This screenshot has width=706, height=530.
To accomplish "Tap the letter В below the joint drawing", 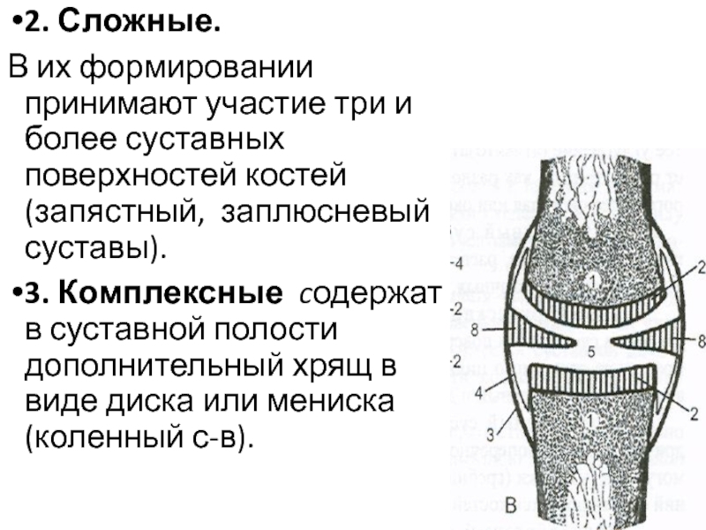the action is click(x=510, y=503).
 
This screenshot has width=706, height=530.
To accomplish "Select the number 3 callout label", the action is click(x=488, y=433).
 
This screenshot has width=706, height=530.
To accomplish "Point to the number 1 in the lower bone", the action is click(x=592, y=422).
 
